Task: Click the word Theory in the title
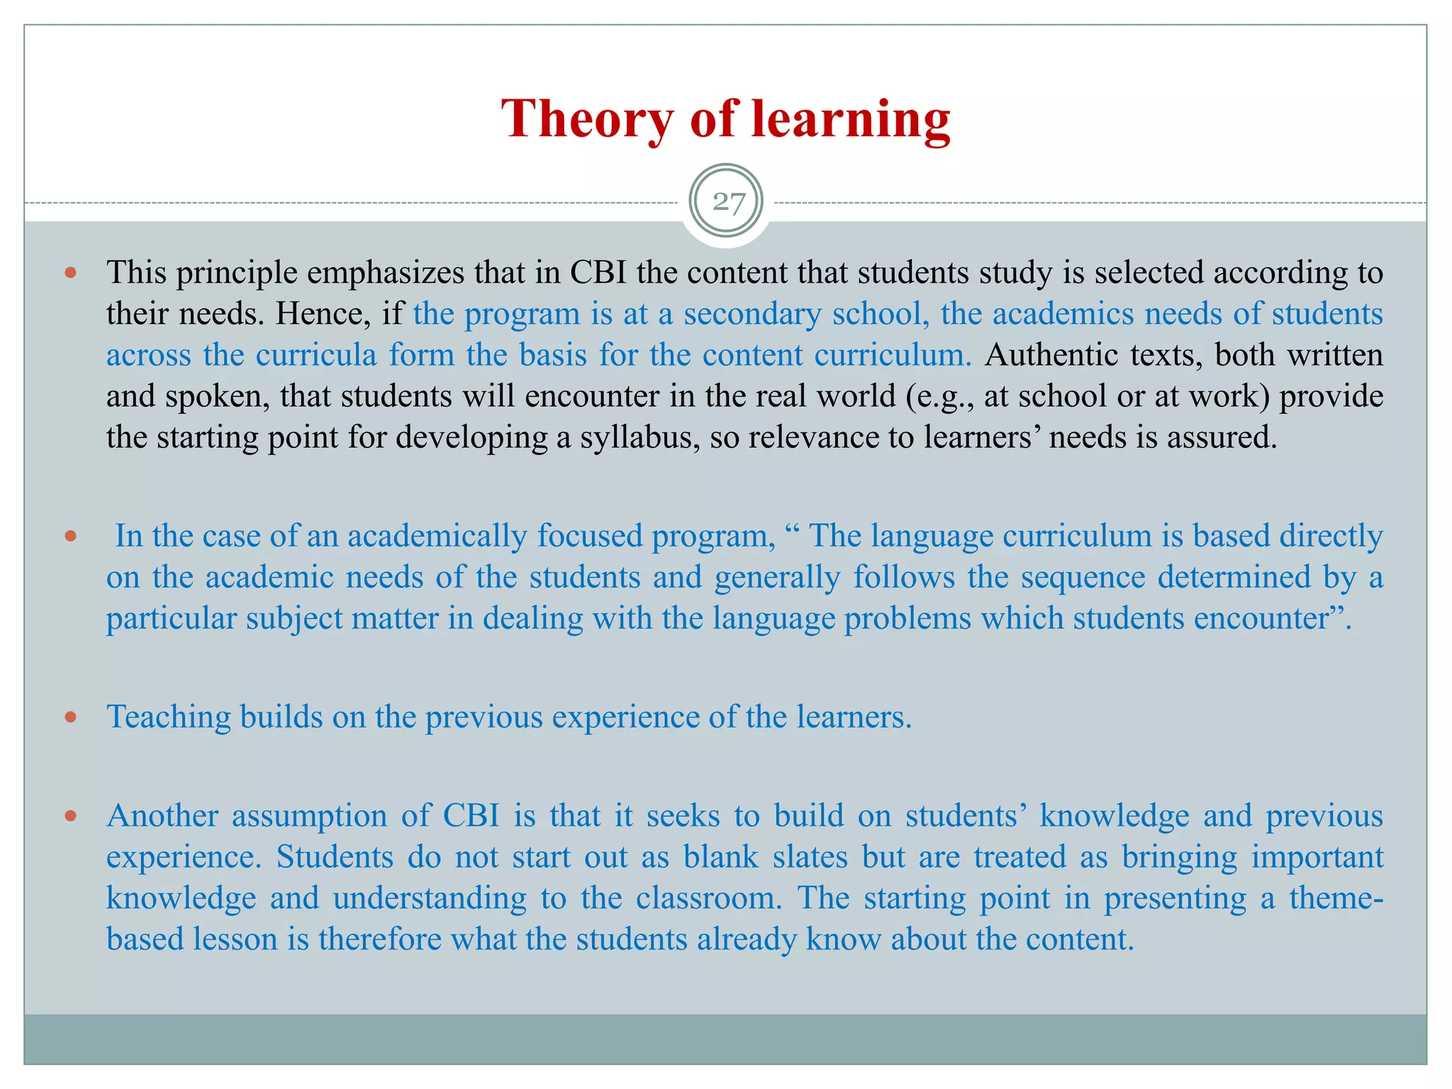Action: (587, 119)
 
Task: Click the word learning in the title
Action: (851, 119)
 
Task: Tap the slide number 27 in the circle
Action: (727, 203)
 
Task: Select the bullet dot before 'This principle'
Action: (70, 272)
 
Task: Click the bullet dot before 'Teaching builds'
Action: (70, 717)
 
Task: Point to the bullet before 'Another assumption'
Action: (70, 816)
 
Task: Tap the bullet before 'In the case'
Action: (70, 536)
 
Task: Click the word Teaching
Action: (169, 717)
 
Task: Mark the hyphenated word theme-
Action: (1336, 898)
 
